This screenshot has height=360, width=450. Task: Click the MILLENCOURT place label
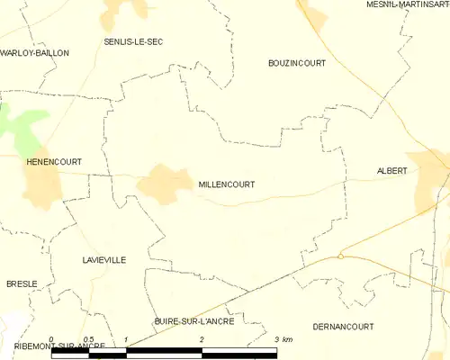[226, 184]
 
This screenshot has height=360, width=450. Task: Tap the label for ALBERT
[392, 171]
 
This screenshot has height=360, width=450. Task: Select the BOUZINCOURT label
[297, 63]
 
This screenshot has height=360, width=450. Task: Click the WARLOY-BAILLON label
[34, 53]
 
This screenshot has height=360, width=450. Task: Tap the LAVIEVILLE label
[101, 259]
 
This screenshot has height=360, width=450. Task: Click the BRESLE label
[22, 283]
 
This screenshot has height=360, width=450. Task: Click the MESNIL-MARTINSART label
[408, 5]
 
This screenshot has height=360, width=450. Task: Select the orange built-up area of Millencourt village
[162, 182]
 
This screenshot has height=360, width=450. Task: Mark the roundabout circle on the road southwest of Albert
[341, 256]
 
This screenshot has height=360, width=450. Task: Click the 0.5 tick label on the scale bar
[88, 339]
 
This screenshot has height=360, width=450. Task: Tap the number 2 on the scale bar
[202, 339]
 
